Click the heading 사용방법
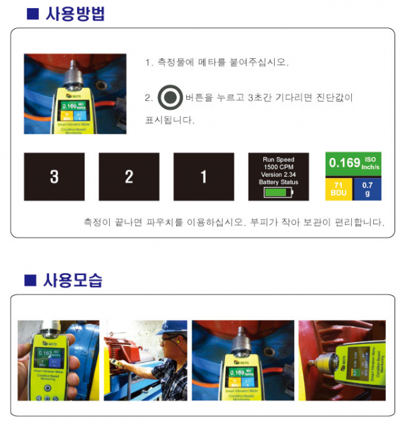click(x=74, y=13)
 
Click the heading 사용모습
click(x=74, y=280)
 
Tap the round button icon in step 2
click(x=170, y=98)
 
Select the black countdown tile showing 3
click(x=54, y=177)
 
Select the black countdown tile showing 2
click(x=129, y=177)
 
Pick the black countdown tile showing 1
click(x=204, y=177)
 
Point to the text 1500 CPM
click(x=279, y=167)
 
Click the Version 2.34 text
click(x=279, y=175)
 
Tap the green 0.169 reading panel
click(x=353, y=164)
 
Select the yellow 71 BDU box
click(x=339, y=188)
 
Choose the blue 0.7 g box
click(x=368, y=188)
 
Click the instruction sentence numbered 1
click(x=217, y=62)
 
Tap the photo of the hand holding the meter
click(x=58, y=359)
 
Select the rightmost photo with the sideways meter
click(x=342, y=359)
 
